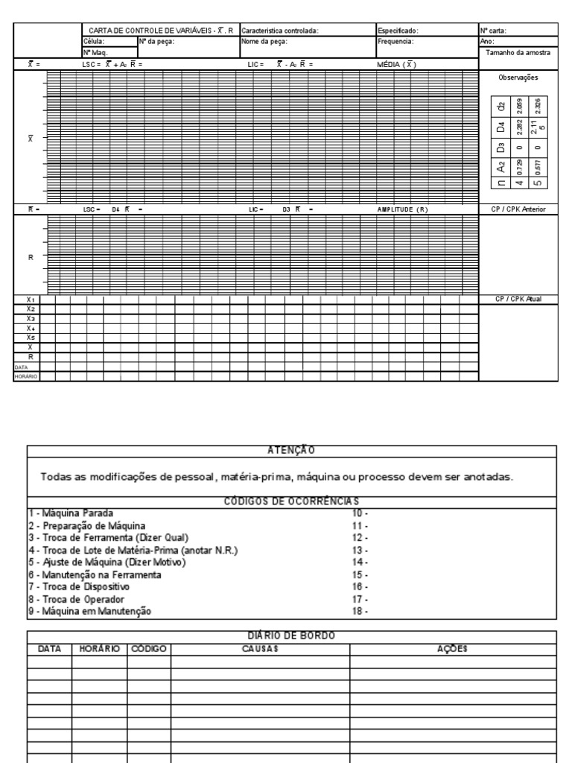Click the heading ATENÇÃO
(292, 450)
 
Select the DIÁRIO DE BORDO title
(292, 635)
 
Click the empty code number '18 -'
(360, 612)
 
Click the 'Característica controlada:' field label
(280, 31)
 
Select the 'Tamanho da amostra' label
(518, 53)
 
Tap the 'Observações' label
(518, 77)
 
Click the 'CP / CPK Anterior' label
(518, 209)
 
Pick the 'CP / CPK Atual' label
(518, 299)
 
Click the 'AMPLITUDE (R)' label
(402, 209)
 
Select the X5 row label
(30, 338)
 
